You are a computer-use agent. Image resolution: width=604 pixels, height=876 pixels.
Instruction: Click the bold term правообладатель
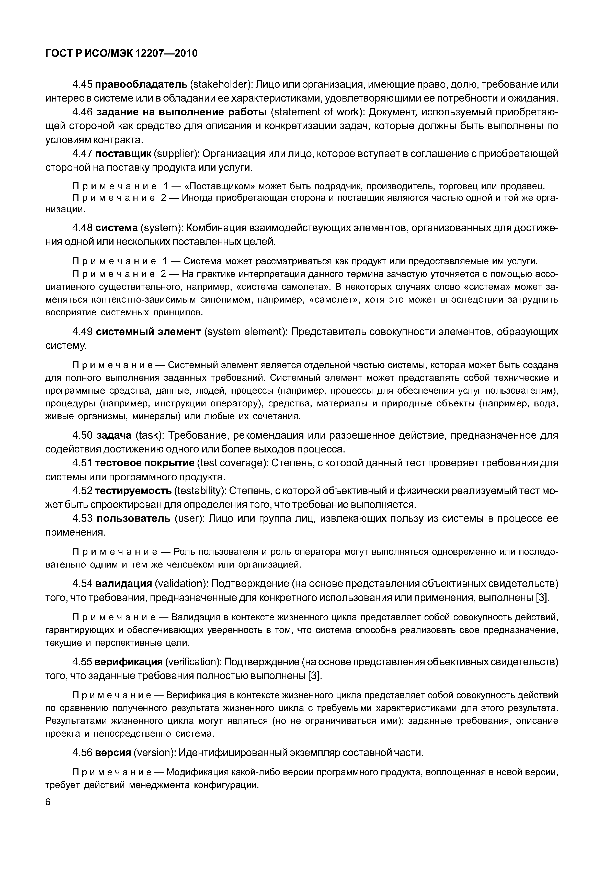click(x=141, y=84)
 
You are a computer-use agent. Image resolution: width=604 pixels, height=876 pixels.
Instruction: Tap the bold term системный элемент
click(x=148, y=332)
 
